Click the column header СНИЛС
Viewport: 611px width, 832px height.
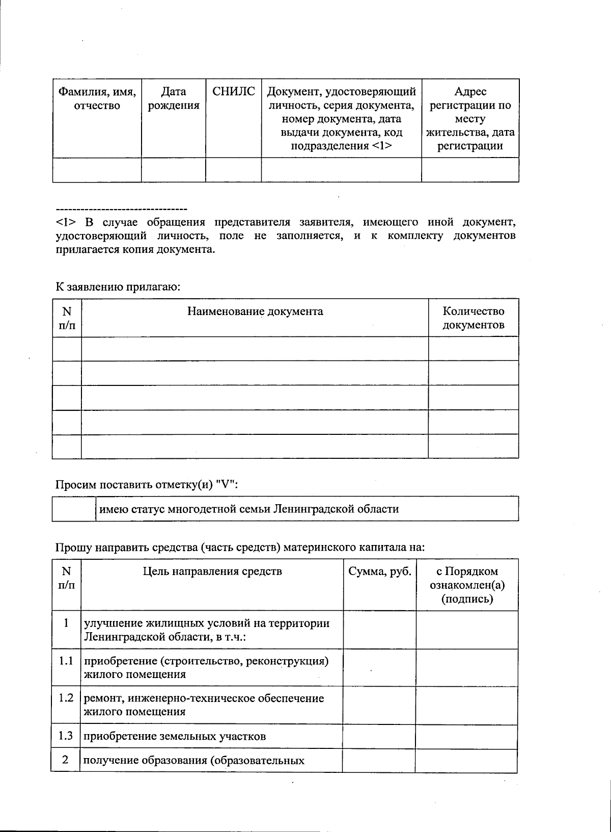[x=233, y=92]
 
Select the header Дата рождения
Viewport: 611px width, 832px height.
[x=173, y=99]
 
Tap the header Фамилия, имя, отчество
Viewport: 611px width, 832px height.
[x=97, y=99]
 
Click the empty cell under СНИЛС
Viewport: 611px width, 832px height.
[x=233, y=170]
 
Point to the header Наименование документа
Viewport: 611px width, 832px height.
[x=255, y=311]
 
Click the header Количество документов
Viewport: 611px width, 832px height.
[x=473, y=318]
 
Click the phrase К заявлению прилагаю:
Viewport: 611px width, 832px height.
[x=118, y=287]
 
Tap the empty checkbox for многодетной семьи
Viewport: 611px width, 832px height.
[x=74, y=509]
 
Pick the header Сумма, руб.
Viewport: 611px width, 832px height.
[x=379, y=571]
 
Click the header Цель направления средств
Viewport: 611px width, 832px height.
[x=212, y=571]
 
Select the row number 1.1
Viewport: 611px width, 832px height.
[x=66, y=662]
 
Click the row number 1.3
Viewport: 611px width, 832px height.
[x=66, y=736]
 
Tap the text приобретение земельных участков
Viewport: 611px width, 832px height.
[x=174, y=736]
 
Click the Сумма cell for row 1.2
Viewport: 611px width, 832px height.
[x=379, y=705]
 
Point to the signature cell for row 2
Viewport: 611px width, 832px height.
[x=466, y=761]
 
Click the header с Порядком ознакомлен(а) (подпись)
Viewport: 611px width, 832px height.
[x=467, y=585]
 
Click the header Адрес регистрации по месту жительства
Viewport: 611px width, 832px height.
[x=470, y=119]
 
